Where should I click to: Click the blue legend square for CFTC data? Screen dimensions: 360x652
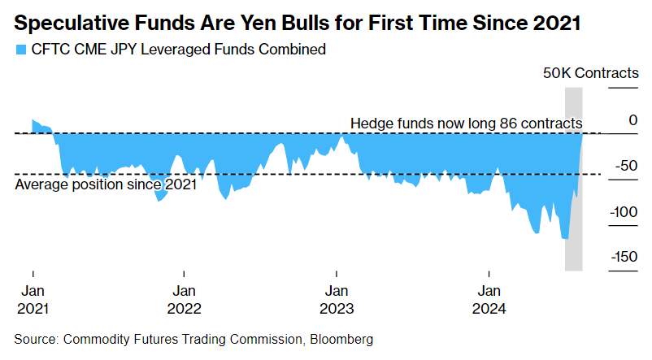[20, 50]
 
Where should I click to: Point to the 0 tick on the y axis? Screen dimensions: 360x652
[632, 120]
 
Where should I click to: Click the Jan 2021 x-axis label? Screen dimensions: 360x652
[33, 299]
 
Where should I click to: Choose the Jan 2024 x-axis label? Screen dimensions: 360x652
[489, 299]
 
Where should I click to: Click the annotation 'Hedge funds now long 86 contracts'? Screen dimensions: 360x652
[466, 123]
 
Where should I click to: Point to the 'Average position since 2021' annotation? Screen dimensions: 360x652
[106, 184]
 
